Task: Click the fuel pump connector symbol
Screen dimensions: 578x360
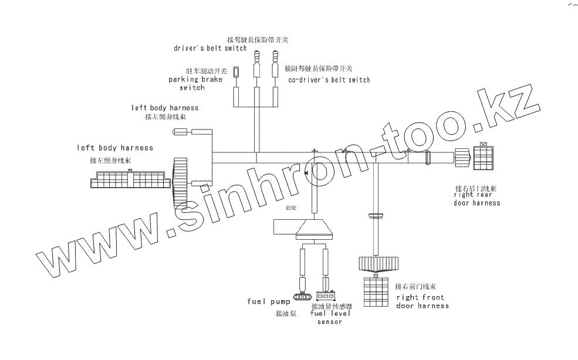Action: pos(302,296)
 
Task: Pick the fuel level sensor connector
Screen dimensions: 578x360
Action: pos(326,296)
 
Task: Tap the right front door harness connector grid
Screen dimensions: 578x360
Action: pos(376,291)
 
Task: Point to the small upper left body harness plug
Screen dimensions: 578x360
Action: pos(180,133)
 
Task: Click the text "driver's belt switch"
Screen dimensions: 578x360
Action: pos(210,48)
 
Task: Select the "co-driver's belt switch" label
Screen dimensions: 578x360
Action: pos(329,80)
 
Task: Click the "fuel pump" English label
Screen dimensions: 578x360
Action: pos(265,301)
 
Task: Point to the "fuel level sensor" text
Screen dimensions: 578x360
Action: pos(329,317)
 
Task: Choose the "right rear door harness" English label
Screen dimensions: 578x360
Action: pos(476,199)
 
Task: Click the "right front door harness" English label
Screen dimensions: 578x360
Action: pos(422,301)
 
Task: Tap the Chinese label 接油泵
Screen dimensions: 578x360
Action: pos(286,314)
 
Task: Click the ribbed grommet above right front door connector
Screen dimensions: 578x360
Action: pos(376,263)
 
